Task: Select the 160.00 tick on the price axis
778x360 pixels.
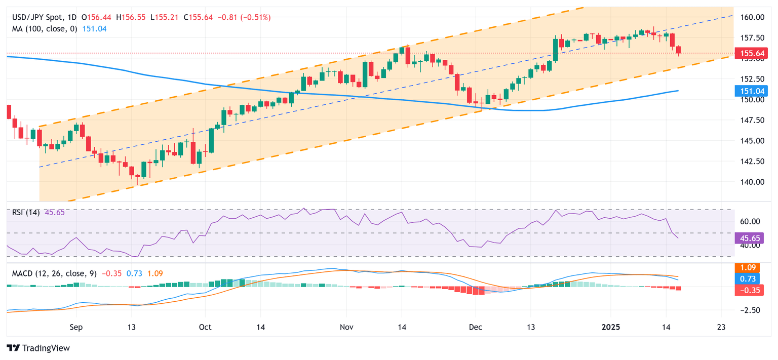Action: (x=753, y=17)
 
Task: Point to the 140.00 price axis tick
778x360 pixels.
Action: (x=753, y=182)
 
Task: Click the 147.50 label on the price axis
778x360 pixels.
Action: (x=753, y=120)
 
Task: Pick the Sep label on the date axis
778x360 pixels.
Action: (x=75, y=327)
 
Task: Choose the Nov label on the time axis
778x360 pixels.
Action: (x=346, y=327)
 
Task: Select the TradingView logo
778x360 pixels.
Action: (x=38, y=348)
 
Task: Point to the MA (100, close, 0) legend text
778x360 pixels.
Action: (x=45, y=29)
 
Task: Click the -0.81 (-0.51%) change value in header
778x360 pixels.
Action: (x=244, y=18)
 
